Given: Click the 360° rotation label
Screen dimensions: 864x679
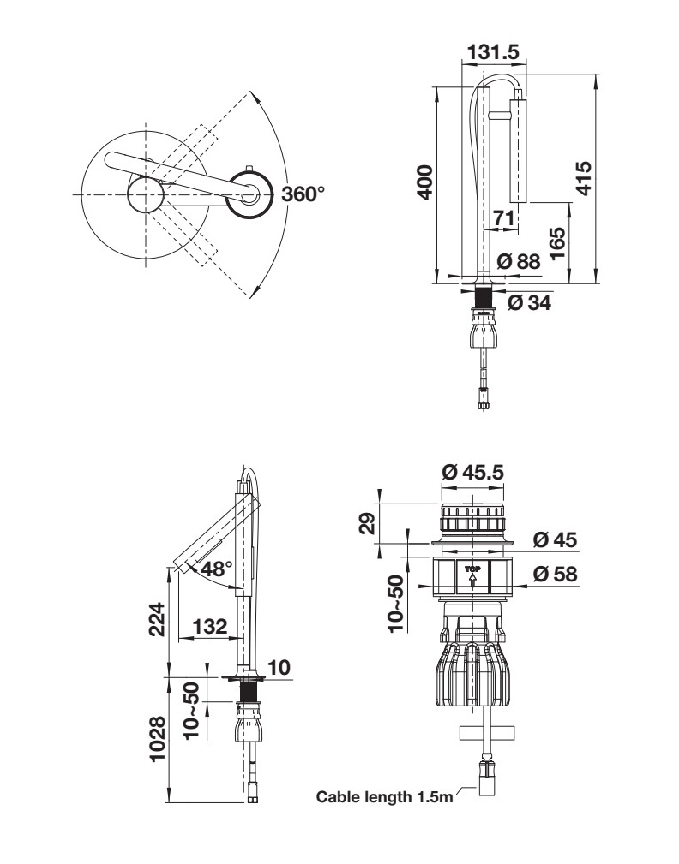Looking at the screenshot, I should tap(303, 194).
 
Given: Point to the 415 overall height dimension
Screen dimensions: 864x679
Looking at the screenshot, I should tap(583, 177).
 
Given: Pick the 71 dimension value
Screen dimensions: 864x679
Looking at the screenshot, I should tap(503, 218).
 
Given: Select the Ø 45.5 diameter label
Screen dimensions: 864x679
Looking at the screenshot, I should tap(472, 471).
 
